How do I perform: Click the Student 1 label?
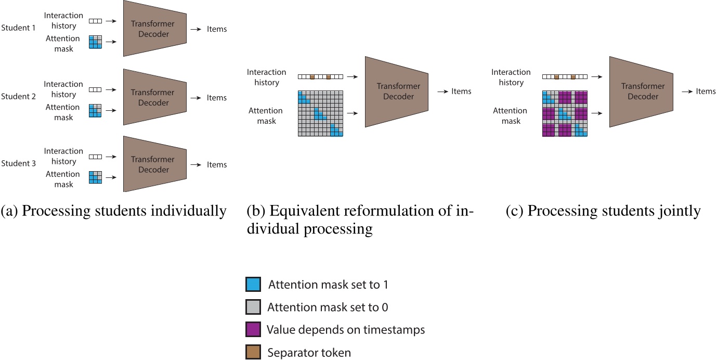pyautogui.click(x=19, y=28)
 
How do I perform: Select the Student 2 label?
pyautogui.click(x=19, y=96)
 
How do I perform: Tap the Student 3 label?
pyautogui.click(x=19, y=163)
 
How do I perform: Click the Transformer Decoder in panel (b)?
pyautogui.click(x=396, y=92)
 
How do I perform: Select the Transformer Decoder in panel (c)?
pyautogui.click(x=641, y=92)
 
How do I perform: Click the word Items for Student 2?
pyautogui.click(x=217, y=98)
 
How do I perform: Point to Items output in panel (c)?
pyautogui.click(x=706, y=91)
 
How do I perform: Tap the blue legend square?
pyautogui.click(x=253, y=285)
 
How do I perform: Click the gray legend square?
pyautogui.click(x=253, y=307)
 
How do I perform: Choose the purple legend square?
pyautogui.click(x=253, y=329)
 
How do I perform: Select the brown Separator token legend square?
pyautogui.click(x=253, y=352)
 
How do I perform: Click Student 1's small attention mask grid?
pyautogui.click(x=95, y=42)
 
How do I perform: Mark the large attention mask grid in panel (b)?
pyautogui.click(x=321, y=113)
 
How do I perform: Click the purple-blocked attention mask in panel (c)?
pyautogui.click(x=565, y=113)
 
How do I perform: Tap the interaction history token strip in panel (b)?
pyautogui.click(x=321, y=76)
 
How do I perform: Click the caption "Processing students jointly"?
pyautogui.click(x=603, y=211)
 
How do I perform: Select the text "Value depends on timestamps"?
pyautogui.click(x=346, y=330)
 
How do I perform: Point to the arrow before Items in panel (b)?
pyautogui.click(x=442, y=92)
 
